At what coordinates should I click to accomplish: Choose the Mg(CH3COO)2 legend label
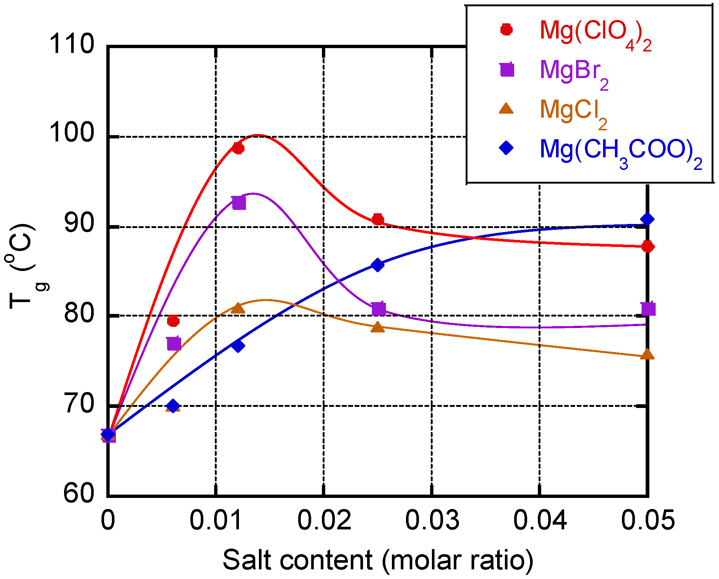tap(620, 152)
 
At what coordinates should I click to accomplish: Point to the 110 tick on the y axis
tap(72, 44)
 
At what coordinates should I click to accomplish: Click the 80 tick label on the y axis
tap(79, 315)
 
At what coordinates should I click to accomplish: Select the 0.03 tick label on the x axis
tap(432, 520)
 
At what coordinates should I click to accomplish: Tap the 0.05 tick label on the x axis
tap(648, 520)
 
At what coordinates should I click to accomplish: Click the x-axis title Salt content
tap(378, 560)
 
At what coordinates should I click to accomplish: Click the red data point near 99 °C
tap(238, 148)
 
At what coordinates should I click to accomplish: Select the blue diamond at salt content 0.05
tap(647, 219)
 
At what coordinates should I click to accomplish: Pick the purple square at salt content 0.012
tap(239, 203)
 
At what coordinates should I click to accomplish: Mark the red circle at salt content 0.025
tap(378, 219)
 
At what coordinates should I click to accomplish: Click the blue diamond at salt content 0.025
tap(377, 265)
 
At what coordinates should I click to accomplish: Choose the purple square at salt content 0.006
tap(174, 344)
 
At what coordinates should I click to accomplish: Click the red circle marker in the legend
tap(506, 30)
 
